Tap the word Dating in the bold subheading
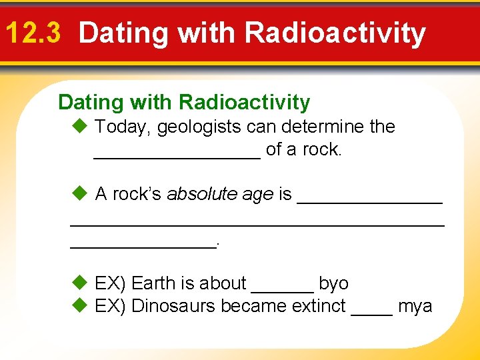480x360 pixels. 91,103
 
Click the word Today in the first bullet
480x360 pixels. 123,127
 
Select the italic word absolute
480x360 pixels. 202,194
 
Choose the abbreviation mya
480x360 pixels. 415,307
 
